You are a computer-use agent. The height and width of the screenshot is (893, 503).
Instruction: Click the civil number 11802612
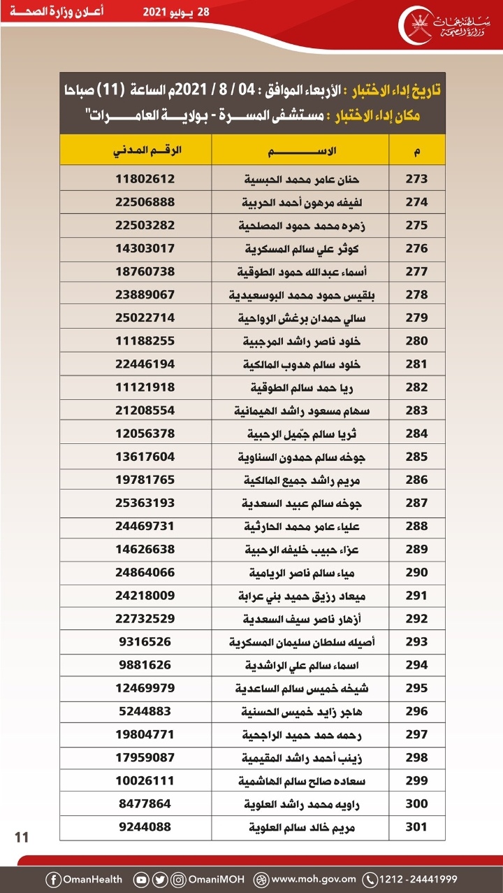click(145, 178)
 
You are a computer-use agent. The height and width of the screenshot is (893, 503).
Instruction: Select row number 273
click(416, 178)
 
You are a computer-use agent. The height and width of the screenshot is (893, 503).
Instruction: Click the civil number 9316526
click(145, 641)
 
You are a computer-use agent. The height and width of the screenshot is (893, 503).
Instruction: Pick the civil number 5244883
click(145, 710)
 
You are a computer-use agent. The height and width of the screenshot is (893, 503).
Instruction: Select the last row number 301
click(416, 828)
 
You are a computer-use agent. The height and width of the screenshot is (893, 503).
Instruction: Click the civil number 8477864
click(145, 804)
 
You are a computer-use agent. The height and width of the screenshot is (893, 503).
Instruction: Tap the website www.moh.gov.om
click(314, 879)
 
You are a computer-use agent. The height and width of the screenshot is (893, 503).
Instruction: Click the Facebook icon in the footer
click(53, 879)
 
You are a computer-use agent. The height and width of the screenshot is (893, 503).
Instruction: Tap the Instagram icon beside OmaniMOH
click(179, 879)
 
